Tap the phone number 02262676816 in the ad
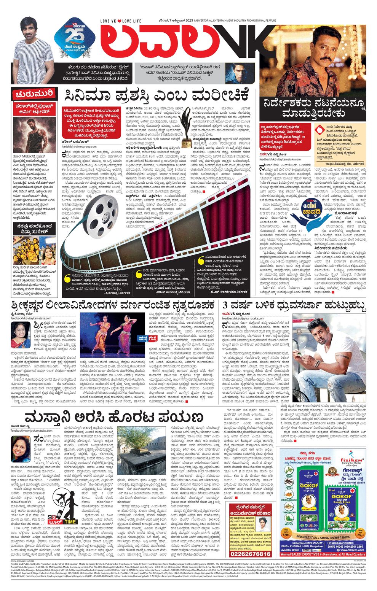click(x=250, y=554)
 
